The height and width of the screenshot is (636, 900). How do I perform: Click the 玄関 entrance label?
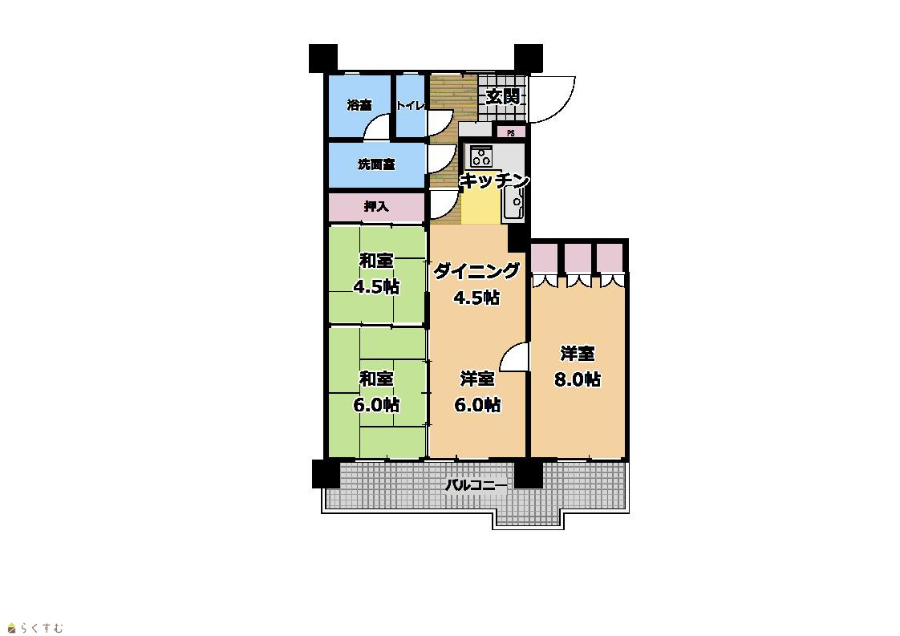click(x=503, y=96)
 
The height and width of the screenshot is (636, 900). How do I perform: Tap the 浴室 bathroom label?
click(x=359, y=105)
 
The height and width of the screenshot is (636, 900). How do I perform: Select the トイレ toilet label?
click(x=411, y=106)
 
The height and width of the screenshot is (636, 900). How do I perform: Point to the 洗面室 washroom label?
click(x=376, y=164)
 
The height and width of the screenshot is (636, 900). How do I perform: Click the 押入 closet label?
click(x=376, y=206)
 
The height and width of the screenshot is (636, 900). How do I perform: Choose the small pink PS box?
click(x=511, y=132)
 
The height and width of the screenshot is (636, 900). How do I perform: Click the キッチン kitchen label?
click(x=494, y=180)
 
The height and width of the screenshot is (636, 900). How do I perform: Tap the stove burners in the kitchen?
click(x=481, y=155)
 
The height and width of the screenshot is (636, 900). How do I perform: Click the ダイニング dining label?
click(x=476, y=270)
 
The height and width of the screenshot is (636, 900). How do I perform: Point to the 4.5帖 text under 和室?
click(x=376, y=286)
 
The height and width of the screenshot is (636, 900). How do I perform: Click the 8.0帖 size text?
click(x=578, y=379)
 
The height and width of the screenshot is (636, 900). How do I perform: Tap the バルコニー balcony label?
click(x=476, y=485)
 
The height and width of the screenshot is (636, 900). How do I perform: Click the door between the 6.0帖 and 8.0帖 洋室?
click(x=514, y=357)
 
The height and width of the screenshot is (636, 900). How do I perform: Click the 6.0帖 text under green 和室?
click(x=376, y=405)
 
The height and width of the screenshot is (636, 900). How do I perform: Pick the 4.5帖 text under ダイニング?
click(x=476, y=298)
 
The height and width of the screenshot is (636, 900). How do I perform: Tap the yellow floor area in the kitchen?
click(x=481, y=207)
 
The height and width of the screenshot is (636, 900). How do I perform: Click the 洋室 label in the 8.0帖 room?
click(x=578, y=353)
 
